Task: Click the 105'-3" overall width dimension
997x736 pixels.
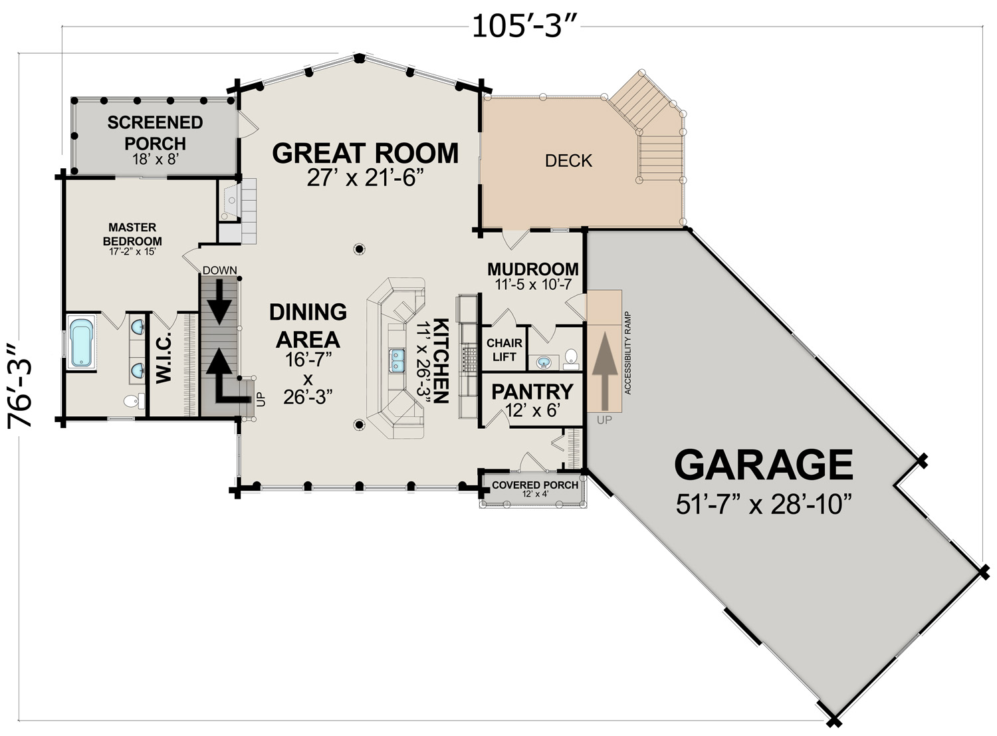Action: pyautogui.click(x=524, y=27)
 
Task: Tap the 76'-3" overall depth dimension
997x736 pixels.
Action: pyautogui.click(x=20, y=386)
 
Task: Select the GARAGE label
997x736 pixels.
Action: pyautogui.click(x=763, y=465)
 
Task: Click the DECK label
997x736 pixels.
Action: pyautogui.click(x=568, y=160)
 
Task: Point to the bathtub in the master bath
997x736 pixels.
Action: pyautogui.click(x=82, y=342)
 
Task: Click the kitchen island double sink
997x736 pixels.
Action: pyautogui.click(x=396, y=360)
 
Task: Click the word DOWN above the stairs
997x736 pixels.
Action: pyautogui.click(x=219, y=270)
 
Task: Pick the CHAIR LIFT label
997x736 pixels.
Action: pyautogui.click(x=504, y=350)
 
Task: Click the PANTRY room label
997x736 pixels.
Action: pyautogui.click(x=532, y=392)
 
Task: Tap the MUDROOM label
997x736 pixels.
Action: pyautogui.click(x=533, y=269)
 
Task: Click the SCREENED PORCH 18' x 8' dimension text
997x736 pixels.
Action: pyautogui.click(x=156, y=159)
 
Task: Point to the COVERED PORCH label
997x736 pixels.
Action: pyautogui.click(x=535, y=485)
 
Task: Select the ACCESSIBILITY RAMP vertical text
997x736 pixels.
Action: pyautogui.click(x=627, y=353)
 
